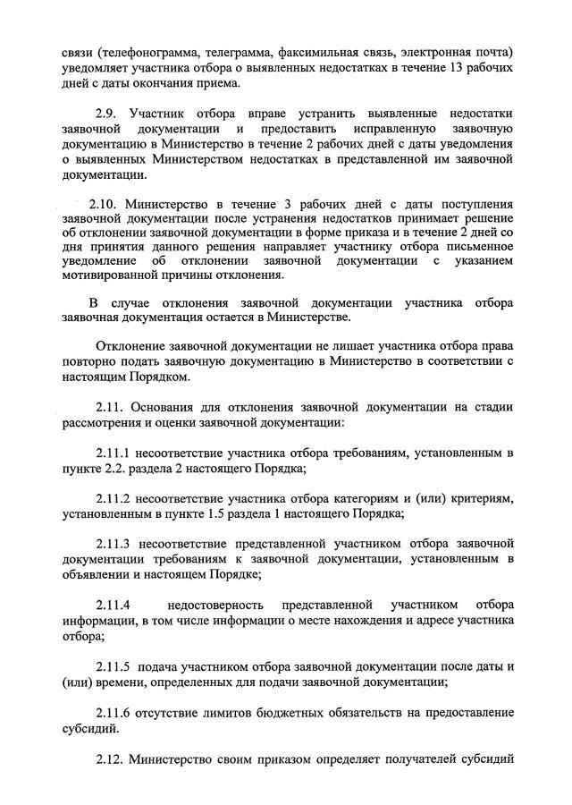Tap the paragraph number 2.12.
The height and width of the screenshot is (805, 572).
tap(108, 761)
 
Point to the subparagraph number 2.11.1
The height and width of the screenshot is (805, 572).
tap(114, 453)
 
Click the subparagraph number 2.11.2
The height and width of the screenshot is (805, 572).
tap(114, 496)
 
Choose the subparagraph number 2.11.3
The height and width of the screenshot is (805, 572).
tap(114, 542)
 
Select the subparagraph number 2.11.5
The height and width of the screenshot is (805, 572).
tap(114, 665)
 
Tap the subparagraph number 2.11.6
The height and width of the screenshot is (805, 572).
tap(114, 712)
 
